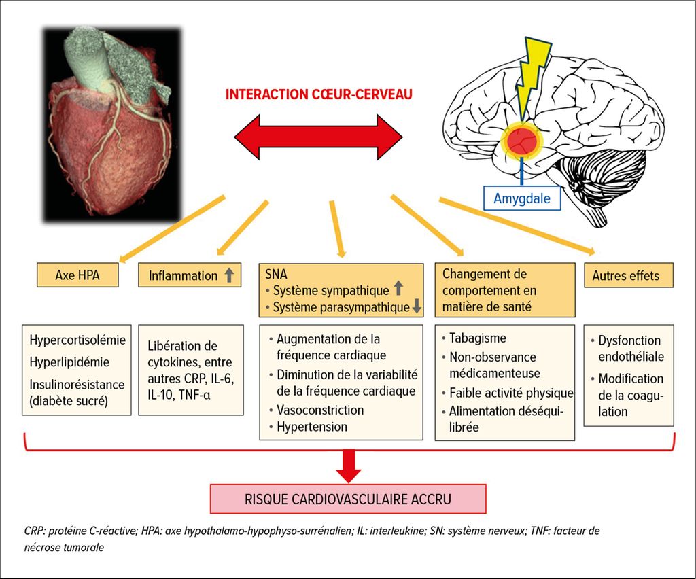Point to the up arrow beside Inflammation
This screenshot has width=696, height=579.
(230, 276)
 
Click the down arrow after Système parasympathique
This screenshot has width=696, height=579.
(417, 307)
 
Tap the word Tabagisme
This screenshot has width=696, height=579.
(478, 338)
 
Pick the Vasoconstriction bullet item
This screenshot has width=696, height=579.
(320, 410)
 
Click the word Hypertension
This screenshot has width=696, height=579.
(312, 427)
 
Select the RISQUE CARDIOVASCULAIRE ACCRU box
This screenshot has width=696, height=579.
(347, 499)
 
